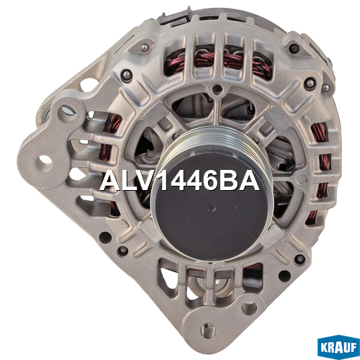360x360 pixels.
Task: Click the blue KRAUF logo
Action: tap(338, 346)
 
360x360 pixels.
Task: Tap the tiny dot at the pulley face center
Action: tap(211, 206)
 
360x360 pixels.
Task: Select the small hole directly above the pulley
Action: tap(217, 90)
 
